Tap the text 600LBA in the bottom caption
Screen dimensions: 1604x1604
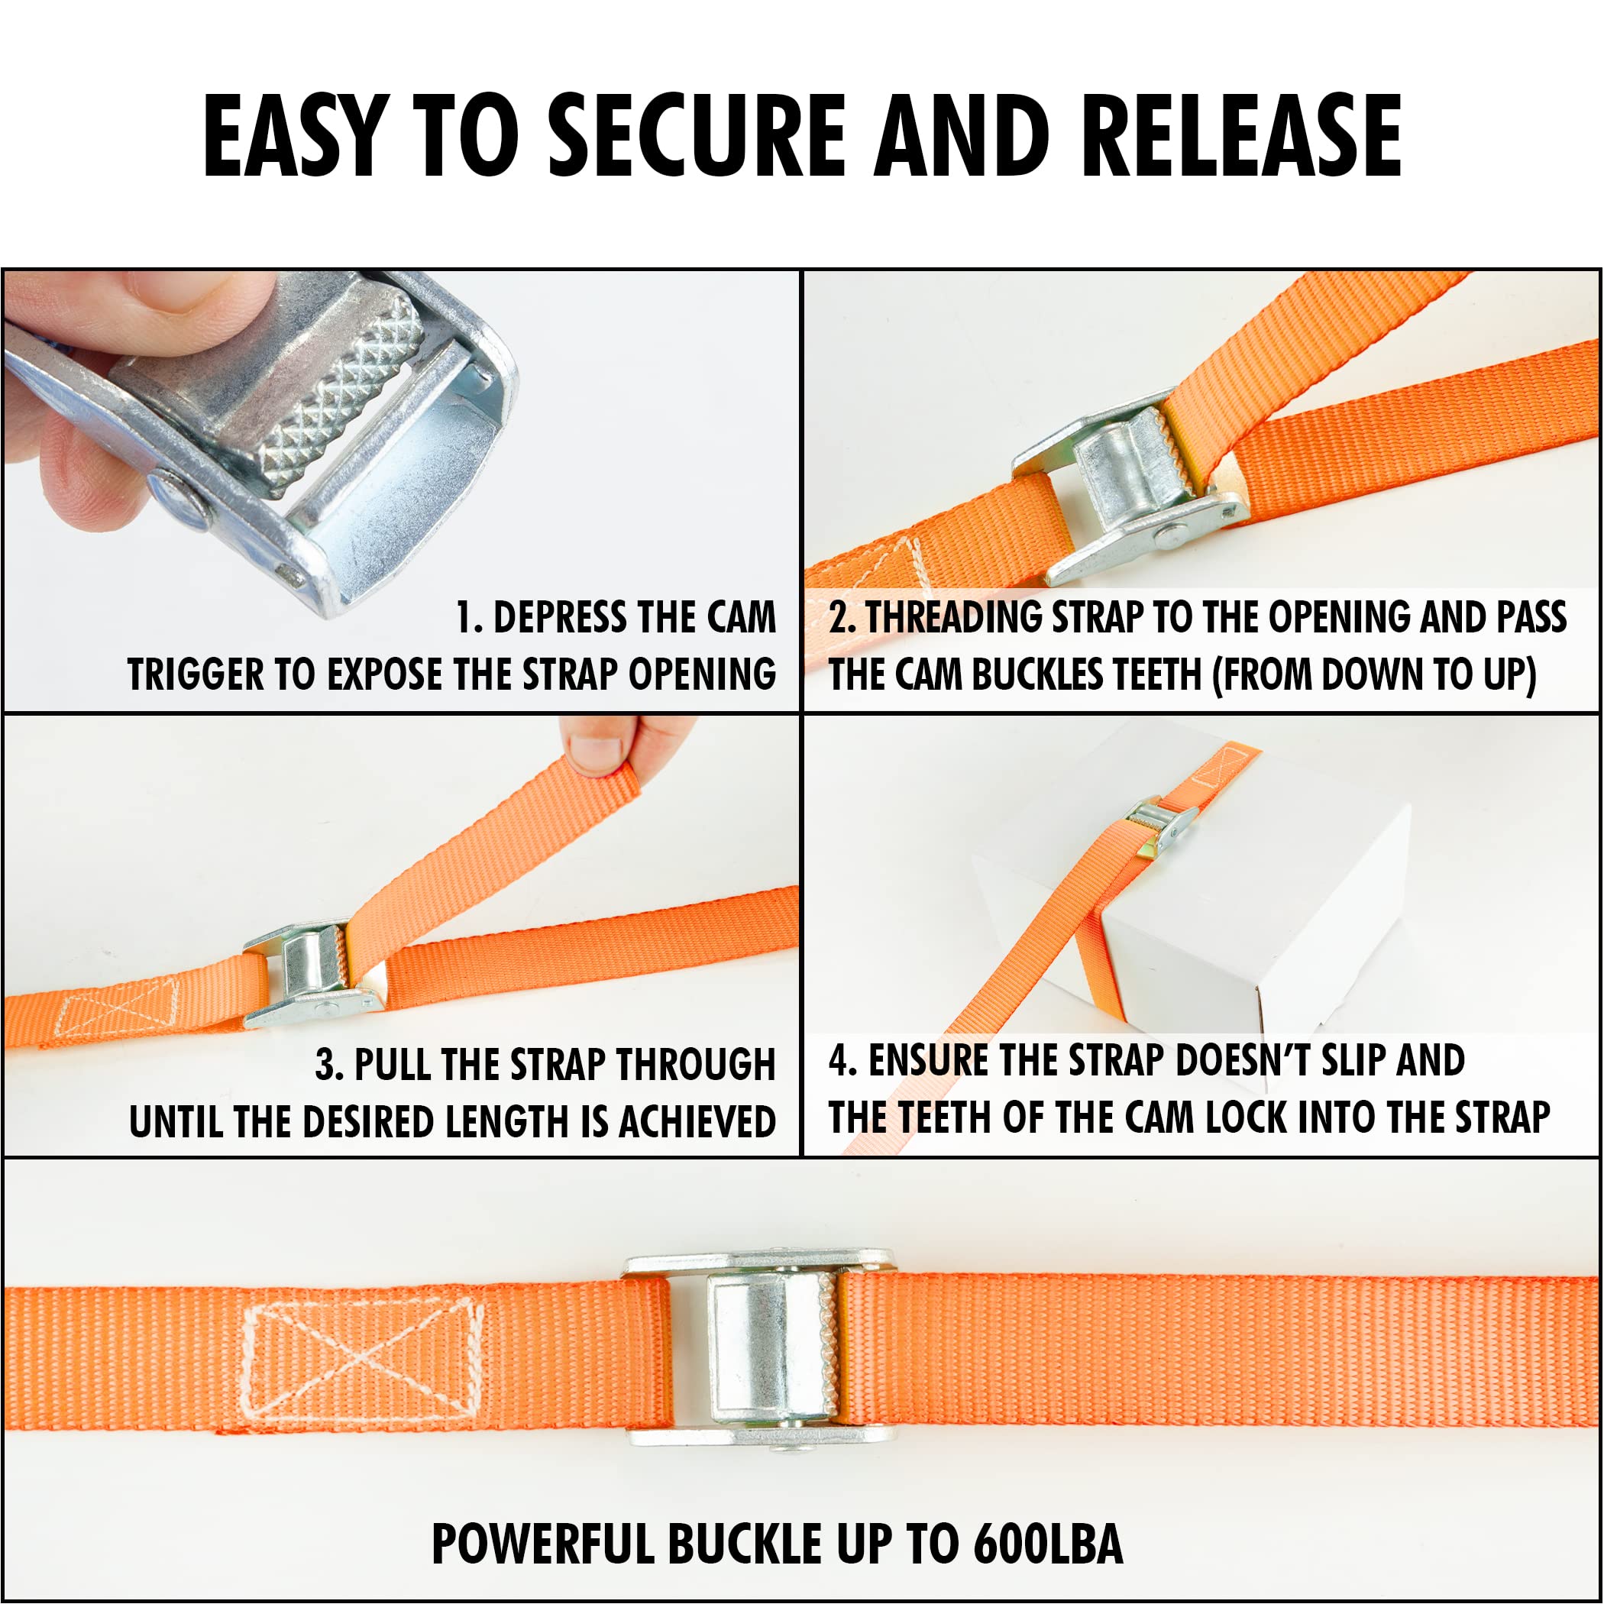[x=1048, y=1544]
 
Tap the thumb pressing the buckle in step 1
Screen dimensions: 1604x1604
[x=166, y=307]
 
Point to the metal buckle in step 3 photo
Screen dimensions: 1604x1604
[x=312, y=972]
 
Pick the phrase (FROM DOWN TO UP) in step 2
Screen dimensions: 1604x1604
[x=1374, y=674]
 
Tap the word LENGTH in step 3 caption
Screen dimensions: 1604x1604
[x=509, y=1121]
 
